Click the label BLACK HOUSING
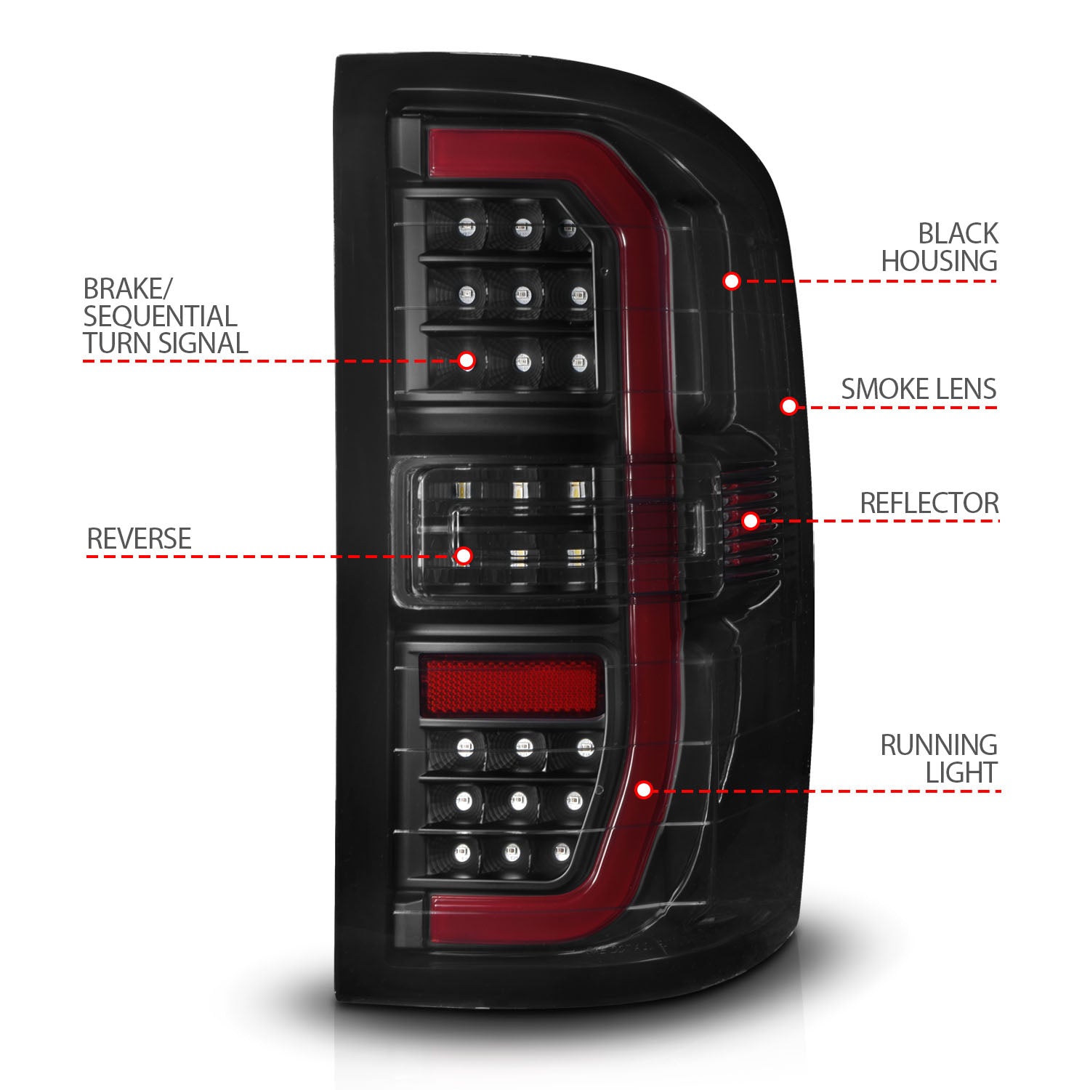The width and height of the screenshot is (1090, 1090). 939,248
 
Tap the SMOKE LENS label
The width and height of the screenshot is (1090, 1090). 919,389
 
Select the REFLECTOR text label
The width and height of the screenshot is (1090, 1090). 929,503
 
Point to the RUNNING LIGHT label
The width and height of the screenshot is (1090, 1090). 939,759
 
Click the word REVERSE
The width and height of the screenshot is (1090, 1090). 139,538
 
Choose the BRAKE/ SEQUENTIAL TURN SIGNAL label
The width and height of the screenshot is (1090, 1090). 165,316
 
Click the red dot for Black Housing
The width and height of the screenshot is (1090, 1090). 731,280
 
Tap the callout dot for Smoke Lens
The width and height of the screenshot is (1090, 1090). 788,406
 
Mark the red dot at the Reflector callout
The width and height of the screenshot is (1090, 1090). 751,520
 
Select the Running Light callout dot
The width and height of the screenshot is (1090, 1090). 643,790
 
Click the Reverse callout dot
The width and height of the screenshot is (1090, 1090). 464,557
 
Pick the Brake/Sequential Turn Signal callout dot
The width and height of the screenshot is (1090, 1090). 467,360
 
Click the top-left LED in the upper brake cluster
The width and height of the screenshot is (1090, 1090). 465,230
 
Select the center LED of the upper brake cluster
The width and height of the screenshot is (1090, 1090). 522,295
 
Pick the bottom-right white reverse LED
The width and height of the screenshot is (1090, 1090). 576,558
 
